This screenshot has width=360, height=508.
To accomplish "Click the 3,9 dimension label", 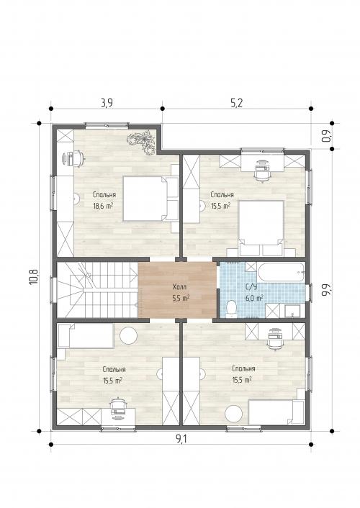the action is (x=107, y=103).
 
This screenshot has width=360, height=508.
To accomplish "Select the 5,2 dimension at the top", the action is (x=236, y=103).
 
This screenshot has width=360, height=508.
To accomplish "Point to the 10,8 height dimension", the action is (x=34, y=277).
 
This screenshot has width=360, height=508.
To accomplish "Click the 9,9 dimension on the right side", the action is (x=326, y=289).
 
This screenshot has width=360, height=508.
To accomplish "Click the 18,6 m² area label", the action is (x=103, y=206).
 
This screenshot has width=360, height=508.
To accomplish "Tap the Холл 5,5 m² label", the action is (x=181, y=293).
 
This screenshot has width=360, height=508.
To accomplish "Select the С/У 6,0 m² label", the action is (x=254, y=292).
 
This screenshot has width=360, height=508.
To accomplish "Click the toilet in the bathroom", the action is (x=231, y=308).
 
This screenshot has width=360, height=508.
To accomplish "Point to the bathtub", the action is (x=281, y=272).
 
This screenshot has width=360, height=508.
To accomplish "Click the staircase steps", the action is (x=97, y=290).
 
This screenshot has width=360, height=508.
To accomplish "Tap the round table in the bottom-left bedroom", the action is (x=128, y=335).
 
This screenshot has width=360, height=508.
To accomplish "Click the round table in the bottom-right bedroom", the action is (x=233, y=414).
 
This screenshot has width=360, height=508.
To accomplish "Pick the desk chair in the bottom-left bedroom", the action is (x=117, y=407).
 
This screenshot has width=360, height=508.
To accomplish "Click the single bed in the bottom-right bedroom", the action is (x=276, y=412).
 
